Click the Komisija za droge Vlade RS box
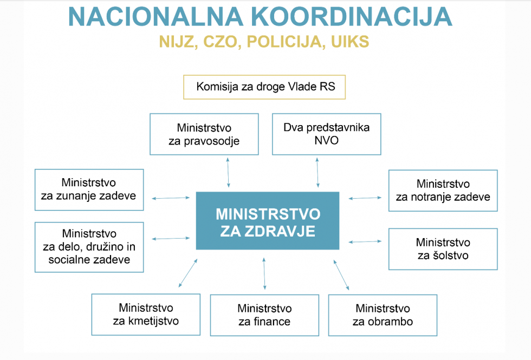click(264, 87)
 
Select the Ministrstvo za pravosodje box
click(204, 134)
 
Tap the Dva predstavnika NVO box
click(326, 134)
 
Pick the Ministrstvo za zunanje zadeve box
click(89, 190)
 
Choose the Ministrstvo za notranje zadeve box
click(443, 191)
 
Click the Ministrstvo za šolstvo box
click(443, 249)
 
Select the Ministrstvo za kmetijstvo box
click(146, 315)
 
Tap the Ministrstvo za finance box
click(264, 315)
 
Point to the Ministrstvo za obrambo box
click(383, 315)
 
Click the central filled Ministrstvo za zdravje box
click(268, 221)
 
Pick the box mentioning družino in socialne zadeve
click(89, 247)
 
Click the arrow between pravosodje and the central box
click(228, 172)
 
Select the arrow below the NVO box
click(318, 172)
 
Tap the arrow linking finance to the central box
click(264, 273)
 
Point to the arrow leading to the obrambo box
click(341, 275)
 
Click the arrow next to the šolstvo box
click(365, 241)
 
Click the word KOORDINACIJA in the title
click(352, 16)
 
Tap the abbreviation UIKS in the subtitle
click(350, 42)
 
